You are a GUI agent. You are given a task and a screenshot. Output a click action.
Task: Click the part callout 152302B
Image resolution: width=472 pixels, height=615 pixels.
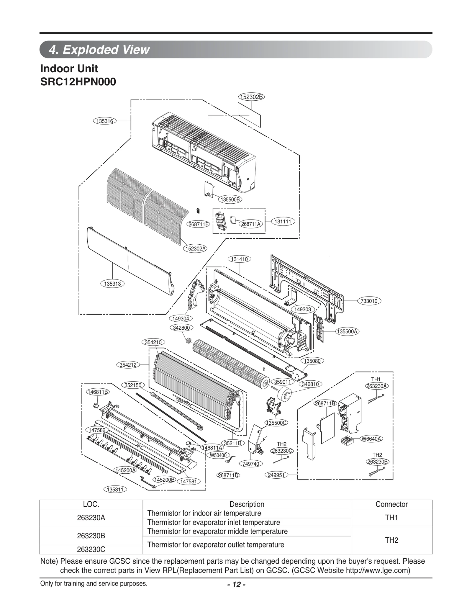pyautogui.click(x=251, y=97)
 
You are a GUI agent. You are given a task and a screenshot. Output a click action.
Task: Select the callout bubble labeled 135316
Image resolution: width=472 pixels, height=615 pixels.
pyautogui.click(x=105, y=121)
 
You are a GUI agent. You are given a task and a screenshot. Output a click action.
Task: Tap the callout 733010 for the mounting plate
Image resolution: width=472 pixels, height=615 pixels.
pyautogui.click(x=369, y=301)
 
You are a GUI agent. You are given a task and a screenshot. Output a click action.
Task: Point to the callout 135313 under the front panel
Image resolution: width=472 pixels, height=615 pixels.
pyautogui.click(x=112, y=284)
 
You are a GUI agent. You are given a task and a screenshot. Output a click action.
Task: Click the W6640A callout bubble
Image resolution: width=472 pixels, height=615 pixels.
pyautogui.click(x=371, y=439)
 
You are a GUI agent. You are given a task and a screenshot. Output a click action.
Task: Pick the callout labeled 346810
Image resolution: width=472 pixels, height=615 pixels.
pyautogui.click(x=310, y=384)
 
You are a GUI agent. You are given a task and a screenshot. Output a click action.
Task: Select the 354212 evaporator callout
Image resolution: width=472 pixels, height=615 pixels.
pyautogui.click(x=128, y=365)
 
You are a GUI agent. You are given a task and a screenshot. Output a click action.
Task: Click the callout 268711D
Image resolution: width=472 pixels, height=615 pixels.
pyautogui.click(x=228, y=475)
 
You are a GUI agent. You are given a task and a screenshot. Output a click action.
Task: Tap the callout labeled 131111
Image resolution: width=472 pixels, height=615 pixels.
pyautogui.click(x=283, y=221)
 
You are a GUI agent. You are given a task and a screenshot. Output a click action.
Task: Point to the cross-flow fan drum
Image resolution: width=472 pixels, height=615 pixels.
pyautogui.click(x=230, y=363)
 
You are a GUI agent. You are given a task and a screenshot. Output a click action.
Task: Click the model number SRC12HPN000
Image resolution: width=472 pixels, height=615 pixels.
pyautogui.click(x=78, y=82)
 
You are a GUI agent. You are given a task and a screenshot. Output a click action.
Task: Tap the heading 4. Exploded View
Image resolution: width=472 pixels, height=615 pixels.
pyautogui.click(x=99, y=50)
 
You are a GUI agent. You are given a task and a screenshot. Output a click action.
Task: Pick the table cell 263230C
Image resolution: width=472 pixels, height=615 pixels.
pyautogui.click(x=91, y=549)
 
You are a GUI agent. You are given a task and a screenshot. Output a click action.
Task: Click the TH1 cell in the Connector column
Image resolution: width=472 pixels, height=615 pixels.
pyautogui.click(x=391, y=518)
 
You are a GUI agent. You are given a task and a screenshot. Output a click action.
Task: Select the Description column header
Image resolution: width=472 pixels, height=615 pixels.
pyautogui.click(x=247, y=504)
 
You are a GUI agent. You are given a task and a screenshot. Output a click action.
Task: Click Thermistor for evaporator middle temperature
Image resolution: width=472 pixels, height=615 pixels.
pyautogui.click(x=217, y=531)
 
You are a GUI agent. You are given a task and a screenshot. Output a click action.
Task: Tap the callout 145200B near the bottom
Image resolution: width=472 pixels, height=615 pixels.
pyautogui.click(x=164, y=480)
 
